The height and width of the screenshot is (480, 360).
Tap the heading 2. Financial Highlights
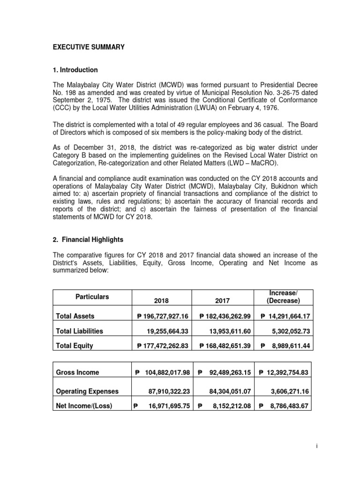click(x=88, y=240)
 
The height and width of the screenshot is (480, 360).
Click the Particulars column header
click(x=92, y=297)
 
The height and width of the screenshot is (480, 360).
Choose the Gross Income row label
click(x=78, y=373)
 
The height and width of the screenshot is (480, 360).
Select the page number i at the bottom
click(x=317, y=447)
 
